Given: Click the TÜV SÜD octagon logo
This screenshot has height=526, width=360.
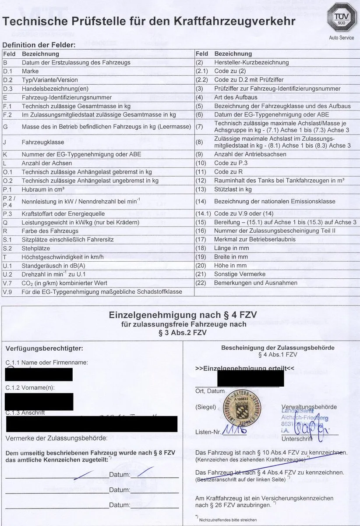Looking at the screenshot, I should click(342, 18).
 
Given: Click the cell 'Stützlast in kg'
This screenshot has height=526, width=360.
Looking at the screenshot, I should click(233, 189).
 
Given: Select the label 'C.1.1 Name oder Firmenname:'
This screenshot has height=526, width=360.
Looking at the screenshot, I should click(47, 363).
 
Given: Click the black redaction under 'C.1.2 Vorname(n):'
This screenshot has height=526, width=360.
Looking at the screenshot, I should click(39, 402).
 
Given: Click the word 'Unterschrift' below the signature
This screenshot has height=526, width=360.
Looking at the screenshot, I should click(297, 438).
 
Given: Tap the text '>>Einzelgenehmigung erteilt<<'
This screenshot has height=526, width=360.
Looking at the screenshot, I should click(245, 368).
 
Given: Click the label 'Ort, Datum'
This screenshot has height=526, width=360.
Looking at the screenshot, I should click(210, 391).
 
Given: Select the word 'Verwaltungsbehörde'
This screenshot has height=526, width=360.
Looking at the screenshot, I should click(309, 407).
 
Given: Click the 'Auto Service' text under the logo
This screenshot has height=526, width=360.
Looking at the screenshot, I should click(342, 38).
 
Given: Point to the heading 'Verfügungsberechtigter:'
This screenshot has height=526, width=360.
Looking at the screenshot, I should click(44, 348).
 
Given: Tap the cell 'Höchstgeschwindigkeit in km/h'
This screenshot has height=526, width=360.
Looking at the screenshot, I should click(63, 257).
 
